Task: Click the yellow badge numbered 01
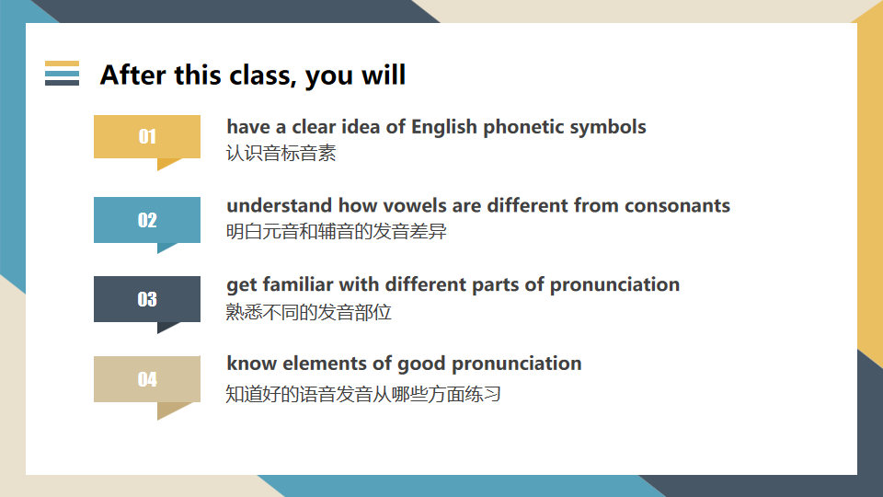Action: pos(147,137)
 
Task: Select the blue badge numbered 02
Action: pos(147,220)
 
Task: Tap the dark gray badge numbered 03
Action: pos(147,299)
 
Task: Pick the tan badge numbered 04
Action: pos(147,379)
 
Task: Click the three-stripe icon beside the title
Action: pos(62,74)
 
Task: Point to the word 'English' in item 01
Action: pos(444,127)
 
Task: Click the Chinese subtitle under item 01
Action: pos(281,154)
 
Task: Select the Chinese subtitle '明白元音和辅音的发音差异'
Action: pos(337,232)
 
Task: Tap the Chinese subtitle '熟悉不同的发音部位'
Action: pos(309,312)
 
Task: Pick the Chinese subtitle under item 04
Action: pos(363,394)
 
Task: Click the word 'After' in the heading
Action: pos(132,75)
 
